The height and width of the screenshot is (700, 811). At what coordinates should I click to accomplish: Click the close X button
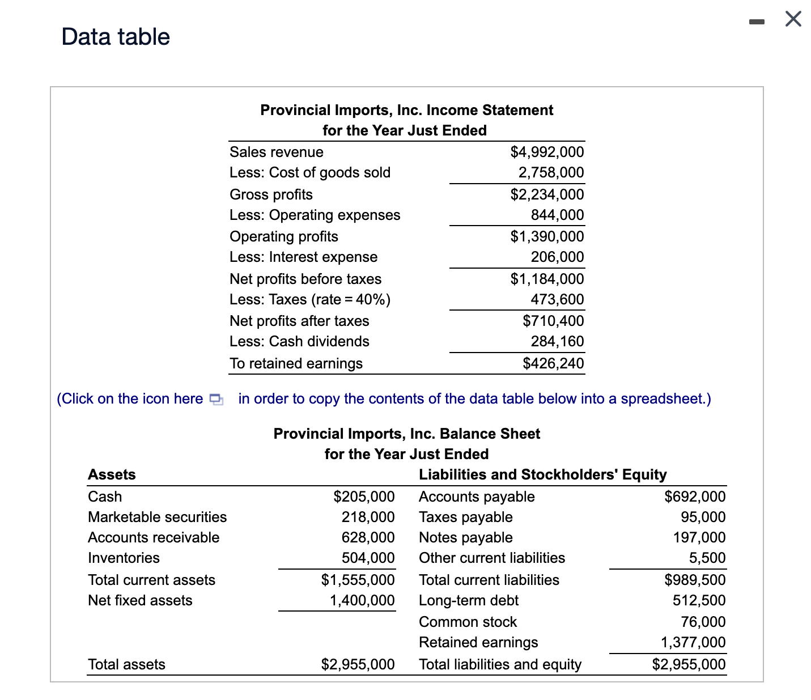coord(793,19)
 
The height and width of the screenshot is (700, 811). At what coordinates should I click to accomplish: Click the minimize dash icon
coord(756,22)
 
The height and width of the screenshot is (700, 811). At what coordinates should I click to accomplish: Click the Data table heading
coord(116,37)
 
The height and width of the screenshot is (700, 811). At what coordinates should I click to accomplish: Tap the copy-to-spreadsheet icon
coord(216,399)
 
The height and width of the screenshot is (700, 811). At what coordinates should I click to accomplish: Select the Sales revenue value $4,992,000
coord(546,152)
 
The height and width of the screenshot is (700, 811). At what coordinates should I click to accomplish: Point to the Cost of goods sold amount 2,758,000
coord(550,172)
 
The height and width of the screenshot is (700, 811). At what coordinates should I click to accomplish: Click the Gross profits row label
coord(271,194)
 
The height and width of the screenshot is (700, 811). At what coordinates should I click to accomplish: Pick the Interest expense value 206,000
coord(557,257)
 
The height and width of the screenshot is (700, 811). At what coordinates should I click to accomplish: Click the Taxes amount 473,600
coord(557,299)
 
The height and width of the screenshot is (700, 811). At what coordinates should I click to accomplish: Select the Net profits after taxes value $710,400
coord(553,321)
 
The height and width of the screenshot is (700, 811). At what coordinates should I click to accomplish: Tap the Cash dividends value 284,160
coord(557,341)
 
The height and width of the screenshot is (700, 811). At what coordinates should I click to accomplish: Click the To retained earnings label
coord(296,363)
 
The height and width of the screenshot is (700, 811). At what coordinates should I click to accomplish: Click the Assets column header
coord(112,474)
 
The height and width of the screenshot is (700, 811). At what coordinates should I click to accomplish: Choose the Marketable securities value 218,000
coord(367,517)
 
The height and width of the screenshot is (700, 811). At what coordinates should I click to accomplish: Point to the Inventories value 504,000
coord(367,558)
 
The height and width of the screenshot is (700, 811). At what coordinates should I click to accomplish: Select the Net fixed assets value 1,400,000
coord(362,600)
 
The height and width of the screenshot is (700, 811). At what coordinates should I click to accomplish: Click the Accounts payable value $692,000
coord(694,497)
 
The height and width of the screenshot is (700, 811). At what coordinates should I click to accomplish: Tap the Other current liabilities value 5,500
coord(707,558)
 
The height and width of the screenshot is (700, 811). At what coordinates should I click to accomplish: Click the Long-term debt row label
coord(468,600)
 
